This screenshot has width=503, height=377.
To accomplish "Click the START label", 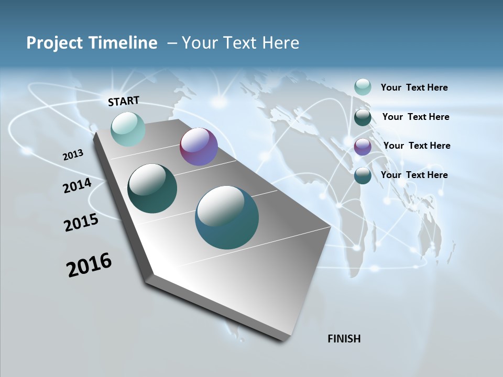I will [x=124, y=101].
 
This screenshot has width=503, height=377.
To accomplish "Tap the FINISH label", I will [x=344, y=339].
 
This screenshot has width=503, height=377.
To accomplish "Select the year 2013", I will [x=73, y=155].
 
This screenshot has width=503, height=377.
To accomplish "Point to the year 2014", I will [x=77, y=186].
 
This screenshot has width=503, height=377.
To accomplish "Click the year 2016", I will [x=89, y=265].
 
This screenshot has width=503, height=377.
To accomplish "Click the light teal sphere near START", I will [x=128, y=129].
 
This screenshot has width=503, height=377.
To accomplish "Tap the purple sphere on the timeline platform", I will [x=199, y=147].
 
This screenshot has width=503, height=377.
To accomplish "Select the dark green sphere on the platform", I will [x=152, y=188].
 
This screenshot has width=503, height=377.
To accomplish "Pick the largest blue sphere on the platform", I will [x=227, y=217].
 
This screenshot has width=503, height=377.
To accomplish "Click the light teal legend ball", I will [x=363, y=87].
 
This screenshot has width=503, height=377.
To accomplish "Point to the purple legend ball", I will [x=363, y=147].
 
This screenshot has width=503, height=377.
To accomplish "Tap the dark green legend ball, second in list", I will [x=363, y=117].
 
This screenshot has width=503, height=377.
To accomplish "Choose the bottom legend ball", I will [x=363, y=175].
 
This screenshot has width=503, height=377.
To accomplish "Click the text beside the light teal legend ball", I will [x=414, y=87].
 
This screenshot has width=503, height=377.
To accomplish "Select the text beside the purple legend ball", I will [x=417, y=146].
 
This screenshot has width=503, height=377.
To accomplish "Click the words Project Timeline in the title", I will [x=92, y=43].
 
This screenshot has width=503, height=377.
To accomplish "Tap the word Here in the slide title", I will [x=280, y=43].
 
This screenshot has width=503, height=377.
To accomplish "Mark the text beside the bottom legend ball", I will [x=414, y=175].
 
